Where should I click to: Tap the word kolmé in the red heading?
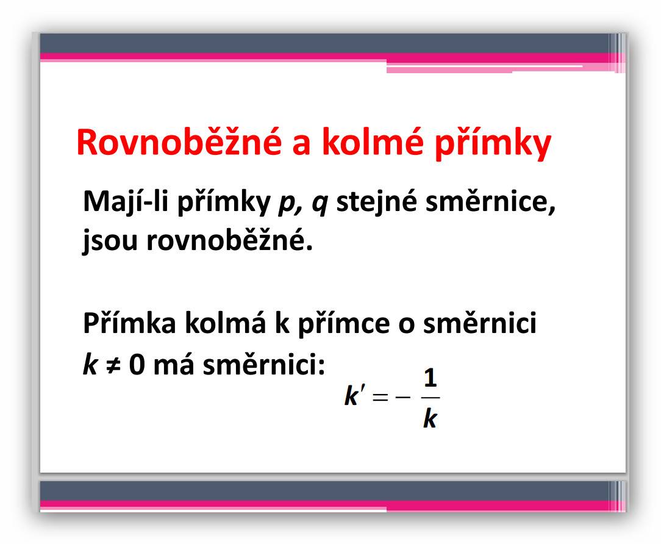(x=373, y=141)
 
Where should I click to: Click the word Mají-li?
(x=126, y=202)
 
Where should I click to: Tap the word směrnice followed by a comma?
(x=491, y=202)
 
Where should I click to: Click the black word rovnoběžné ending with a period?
(x=230, y=239)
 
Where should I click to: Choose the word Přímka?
(x=129, y=323)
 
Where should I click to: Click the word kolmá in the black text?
(x=226, y=323)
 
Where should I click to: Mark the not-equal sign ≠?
(x=113, y=364)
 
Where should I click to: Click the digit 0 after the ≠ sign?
(x=137, y=364)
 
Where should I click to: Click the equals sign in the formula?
(x=380, y=396)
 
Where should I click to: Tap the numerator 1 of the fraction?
(x=430, y=378)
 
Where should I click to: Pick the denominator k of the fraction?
(x=430, y=419)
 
